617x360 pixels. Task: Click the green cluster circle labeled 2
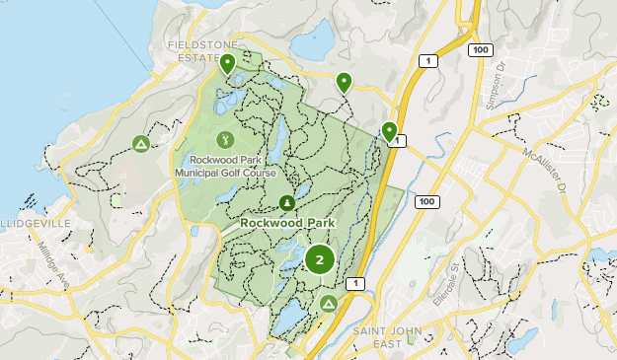click(x=319, y=260)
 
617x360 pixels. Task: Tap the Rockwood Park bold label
click(x=287, y=223)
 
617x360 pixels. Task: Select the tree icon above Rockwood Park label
click(x=287, y=203)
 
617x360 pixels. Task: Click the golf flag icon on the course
click(x=224, y=139)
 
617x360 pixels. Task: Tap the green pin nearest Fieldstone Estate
click(x=228, y=65)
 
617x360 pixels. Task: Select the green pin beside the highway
click(x=389, y=131)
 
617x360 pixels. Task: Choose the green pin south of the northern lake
click(x=344, y=84)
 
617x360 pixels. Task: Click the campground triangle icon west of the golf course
click(x=141, y=145)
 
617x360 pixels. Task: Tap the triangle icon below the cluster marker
click(x=328, y=303)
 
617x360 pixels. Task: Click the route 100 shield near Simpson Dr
click(x=480, y=48)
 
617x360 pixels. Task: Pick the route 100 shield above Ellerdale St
click(x=426, y=201)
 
